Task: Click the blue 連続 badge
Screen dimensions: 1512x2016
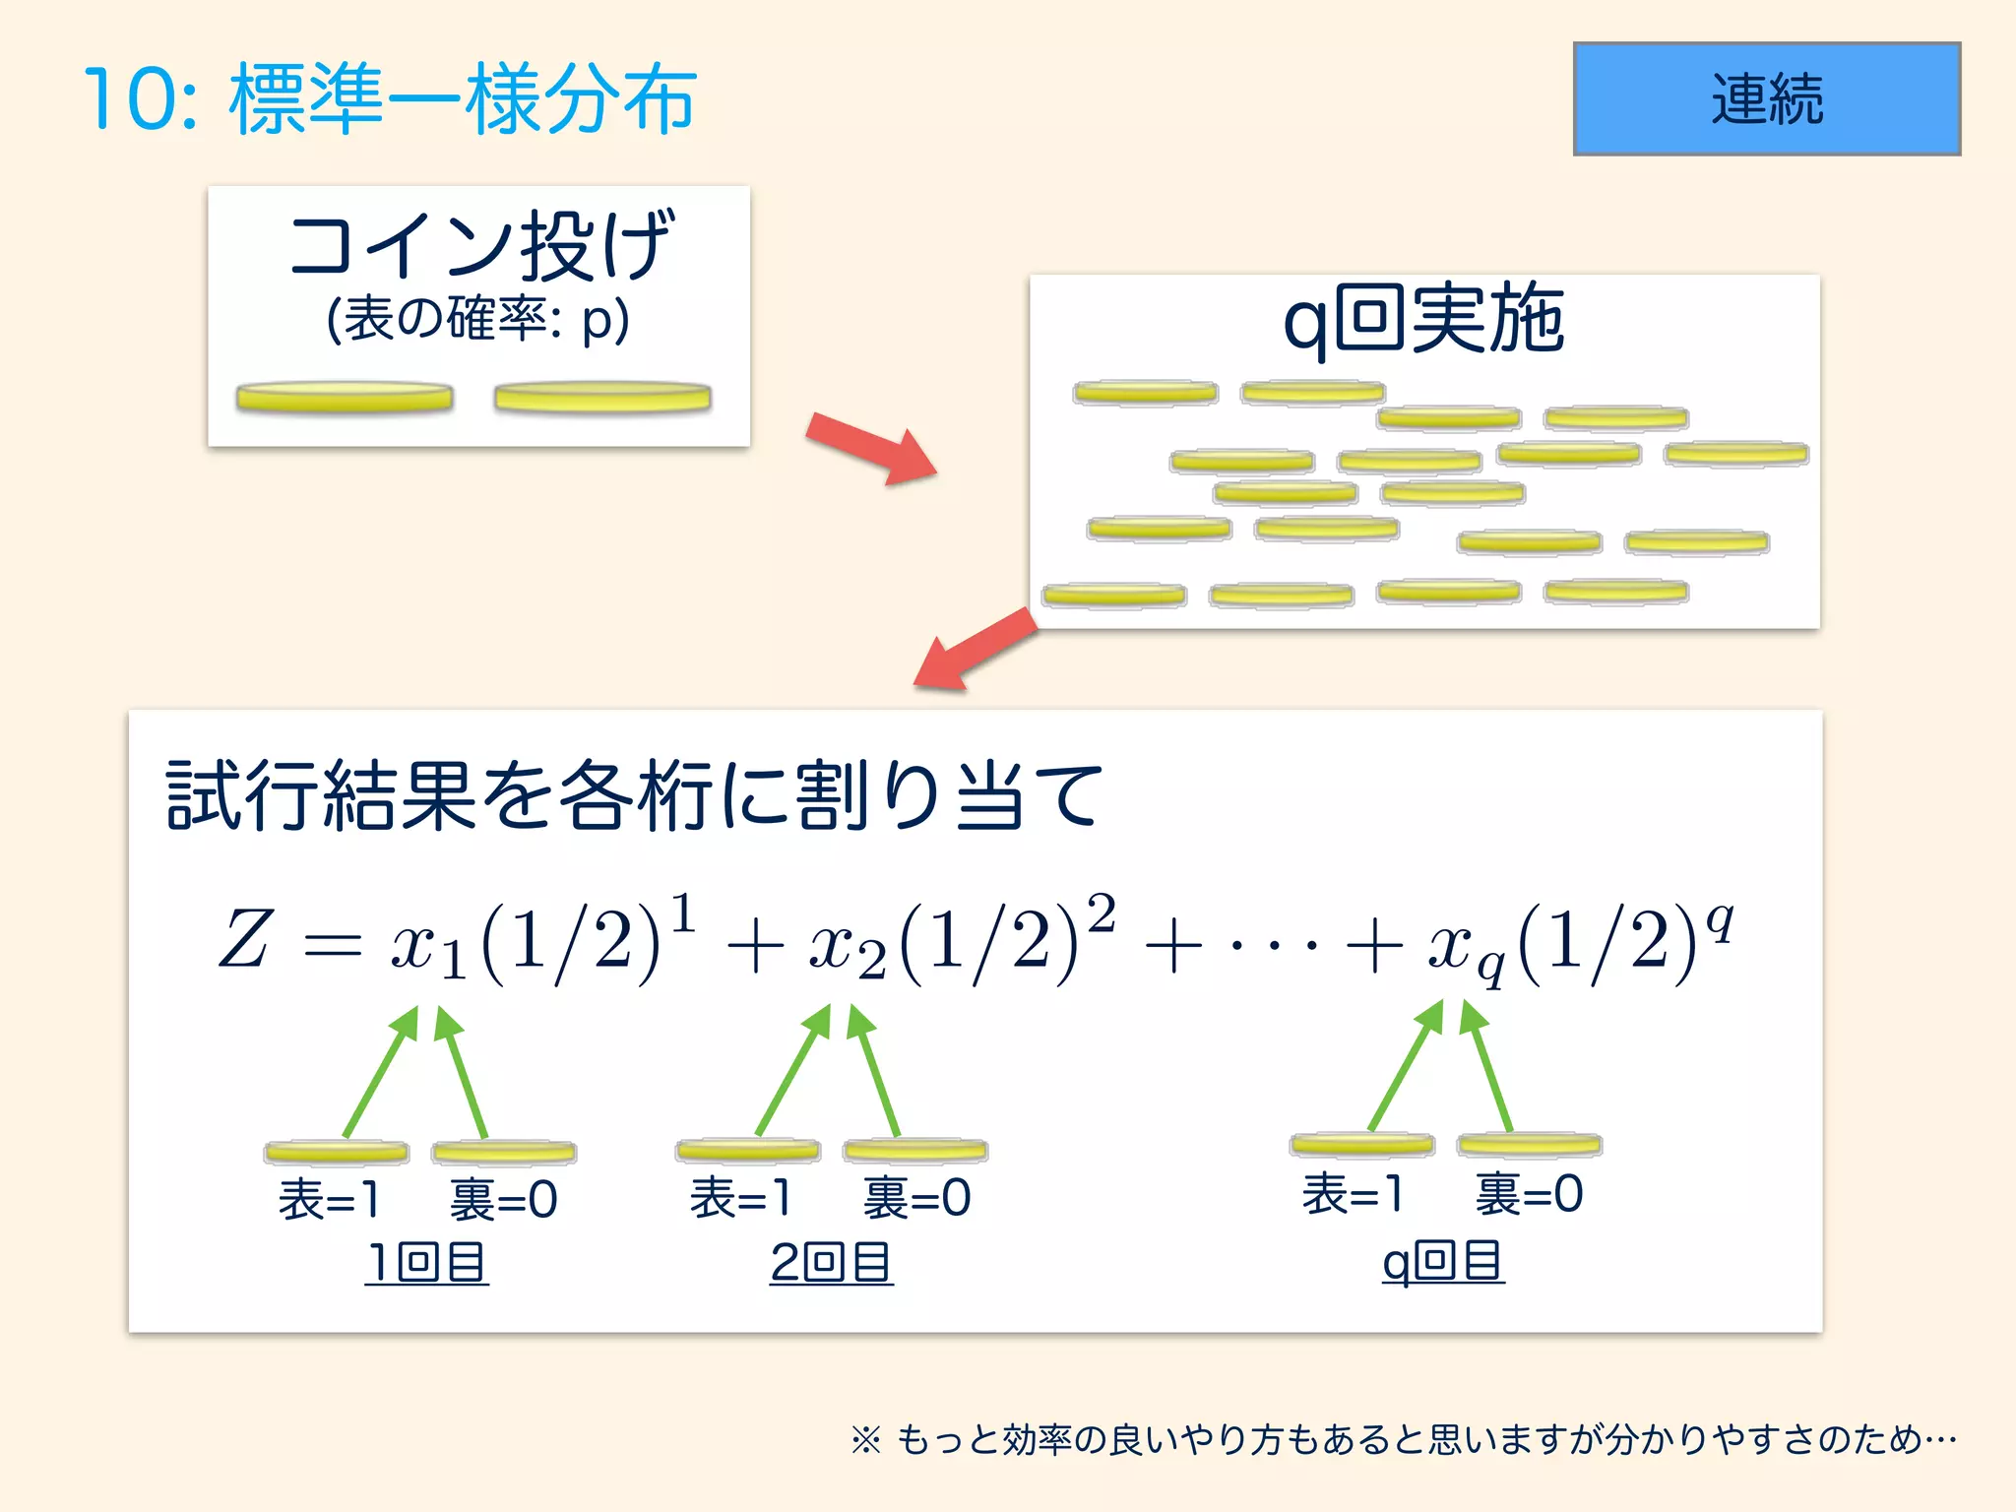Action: [x=1766, y=98]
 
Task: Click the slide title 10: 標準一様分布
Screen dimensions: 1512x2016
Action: [x=390, y=98]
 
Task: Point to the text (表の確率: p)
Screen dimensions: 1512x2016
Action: [x=477, y=320]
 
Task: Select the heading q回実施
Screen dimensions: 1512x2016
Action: [x=1423, y=319]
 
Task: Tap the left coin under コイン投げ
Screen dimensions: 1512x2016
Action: [x=345, y=398]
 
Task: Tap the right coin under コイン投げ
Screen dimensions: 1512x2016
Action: [x=602, y=397]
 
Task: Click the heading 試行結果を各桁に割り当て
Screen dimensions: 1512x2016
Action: [x=635, y=795]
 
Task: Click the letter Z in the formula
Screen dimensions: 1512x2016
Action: [x=243, y=939]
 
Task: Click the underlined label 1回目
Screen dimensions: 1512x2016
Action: [x=426, y=1262]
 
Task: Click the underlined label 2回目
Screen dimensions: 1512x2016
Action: [x=832, y=1262]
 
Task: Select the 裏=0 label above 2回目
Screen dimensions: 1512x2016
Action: [x=916, y=1198]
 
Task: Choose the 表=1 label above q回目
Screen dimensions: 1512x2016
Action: [x=1352, y=1194]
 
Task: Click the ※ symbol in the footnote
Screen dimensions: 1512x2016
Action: [x=865, y=1441]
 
